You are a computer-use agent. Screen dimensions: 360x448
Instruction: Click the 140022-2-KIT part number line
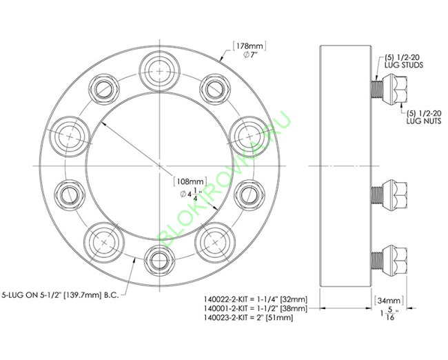[x=256, y=299]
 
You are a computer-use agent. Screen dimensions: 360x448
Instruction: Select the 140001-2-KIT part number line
[x=256, y=310]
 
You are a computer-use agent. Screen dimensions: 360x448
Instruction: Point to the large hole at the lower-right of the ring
[x=216, y=243]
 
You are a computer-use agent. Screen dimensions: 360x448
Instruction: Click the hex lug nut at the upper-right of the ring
[x=214, y=88]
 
